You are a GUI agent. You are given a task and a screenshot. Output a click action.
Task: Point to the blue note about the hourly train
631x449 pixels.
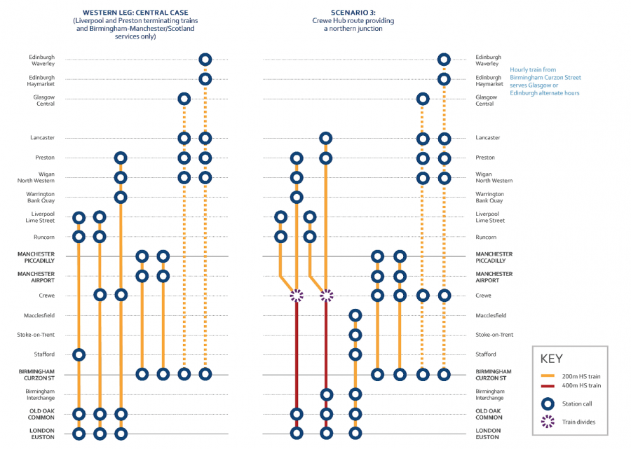coord(545,81)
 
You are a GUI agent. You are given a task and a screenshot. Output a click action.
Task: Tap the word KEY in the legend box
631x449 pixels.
coord(552,358)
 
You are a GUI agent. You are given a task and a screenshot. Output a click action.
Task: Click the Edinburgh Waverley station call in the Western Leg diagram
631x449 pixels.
coord(205,60)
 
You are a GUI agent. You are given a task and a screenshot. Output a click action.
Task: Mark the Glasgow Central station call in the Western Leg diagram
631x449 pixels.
coord(184,99)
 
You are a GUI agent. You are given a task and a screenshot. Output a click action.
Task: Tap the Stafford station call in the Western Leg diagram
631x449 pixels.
coord(79,354)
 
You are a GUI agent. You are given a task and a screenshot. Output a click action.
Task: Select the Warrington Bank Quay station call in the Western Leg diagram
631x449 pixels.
coord(121,197)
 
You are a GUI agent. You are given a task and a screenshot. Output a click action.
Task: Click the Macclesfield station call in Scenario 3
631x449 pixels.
coord(355,316)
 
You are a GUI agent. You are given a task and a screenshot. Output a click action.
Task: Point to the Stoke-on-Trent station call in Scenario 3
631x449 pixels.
coord(355,335)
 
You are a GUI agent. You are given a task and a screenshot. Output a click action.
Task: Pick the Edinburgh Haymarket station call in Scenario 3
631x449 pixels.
coord(443,79)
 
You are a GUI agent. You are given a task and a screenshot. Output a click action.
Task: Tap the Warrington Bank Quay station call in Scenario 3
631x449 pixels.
coord(297,197)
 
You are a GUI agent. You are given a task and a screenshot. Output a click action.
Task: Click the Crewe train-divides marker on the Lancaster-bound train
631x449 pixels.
coord(326,296)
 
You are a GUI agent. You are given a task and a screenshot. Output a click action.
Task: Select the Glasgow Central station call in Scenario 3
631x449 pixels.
coord(422,99)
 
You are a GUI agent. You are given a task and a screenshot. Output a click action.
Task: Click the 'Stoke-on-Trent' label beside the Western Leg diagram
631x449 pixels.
coord(36,335)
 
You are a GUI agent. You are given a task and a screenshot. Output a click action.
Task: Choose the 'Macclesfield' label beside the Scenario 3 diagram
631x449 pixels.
coord(491,316)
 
